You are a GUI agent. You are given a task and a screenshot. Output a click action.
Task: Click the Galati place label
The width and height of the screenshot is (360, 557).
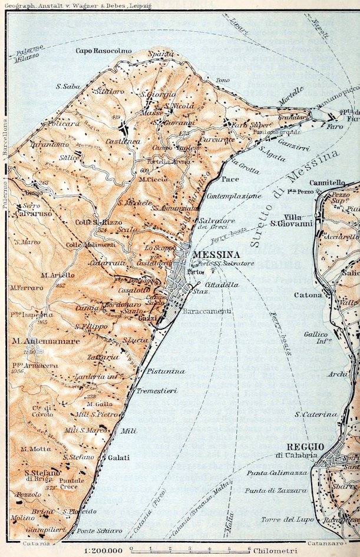click(x=118, y=457)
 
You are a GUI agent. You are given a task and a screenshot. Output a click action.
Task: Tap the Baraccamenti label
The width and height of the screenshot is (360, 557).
click(x=199, y=310)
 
